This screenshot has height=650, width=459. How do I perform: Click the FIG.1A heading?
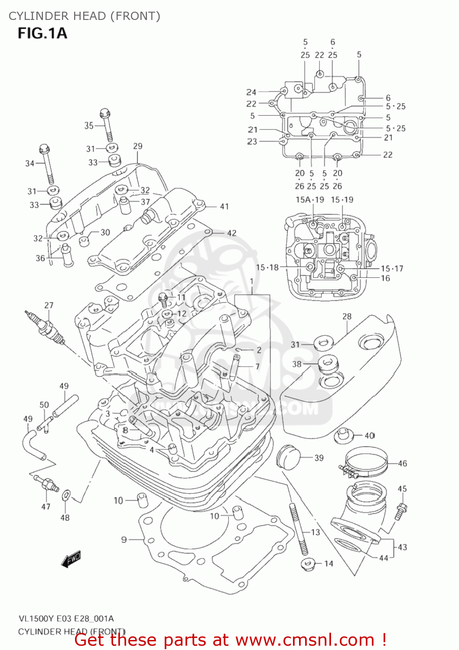coord(42,33)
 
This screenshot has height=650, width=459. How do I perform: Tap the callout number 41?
coord(224,207)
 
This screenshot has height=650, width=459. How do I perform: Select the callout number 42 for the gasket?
coord(232,233)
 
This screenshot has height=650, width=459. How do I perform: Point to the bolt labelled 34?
coord(47,165)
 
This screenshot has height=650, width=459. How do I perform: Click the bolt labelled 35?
coord(107,126)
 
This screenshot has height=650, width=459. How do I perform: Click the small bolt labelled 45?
coord(401,510)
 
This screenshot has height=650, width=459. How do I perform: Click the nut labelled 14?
coord(307,564)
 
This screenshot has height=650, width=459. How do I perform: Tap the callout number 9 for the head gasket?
coord(124,539)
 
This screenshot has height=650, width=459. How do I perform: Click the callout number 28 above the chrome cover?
coord(347,316)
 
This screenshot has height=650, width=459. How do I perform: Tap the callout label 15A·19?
coord(309,200)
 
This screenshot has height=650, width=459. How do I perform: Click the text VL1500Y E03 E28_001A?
coord(66,619)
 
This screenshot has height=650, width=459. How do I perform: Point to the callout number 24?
coord(251,92)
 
